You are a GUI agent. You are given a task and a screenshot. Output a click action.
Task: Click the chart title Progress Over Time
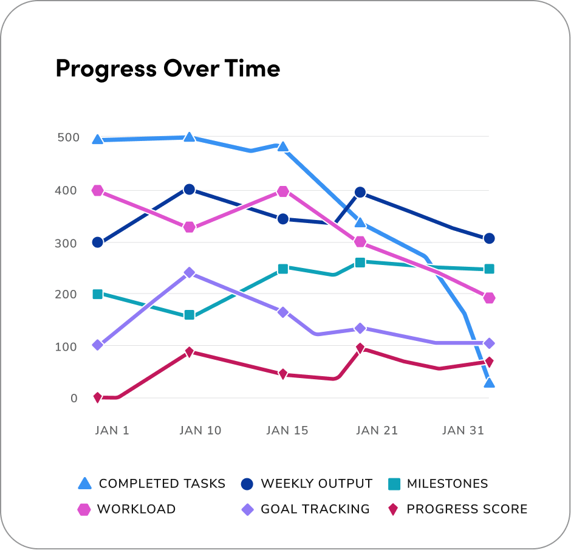pyautogui.click(x=168, y=69)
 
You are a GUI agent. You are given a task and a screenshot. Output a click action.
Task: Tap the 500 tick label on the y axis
pyautogui.click(x=68, y=137)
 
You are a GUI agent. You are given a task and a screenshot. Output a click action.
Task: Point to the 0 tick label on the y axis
pyautogui.click(x=74, y=399)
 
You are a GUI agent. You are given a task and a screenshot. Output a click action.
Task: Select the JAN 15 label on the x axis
pyautogui.click(x=287, y=430)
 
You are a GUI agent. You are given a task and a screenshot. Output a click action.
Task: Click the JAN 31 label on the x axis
pyautogui.click(x=463, y=430)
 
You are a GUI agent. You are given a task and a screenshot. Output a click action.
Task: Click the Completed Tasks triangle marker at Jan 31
pyautogui.click(x=489, y=383)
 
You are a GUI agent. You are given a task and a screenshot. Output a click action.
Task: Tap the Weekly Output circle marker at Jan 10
pyautogui.click(x=190, y=190)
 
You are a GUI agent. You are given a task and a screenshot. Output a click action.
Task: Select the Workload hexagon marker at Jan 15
pyautogui.click(x=282, y=192)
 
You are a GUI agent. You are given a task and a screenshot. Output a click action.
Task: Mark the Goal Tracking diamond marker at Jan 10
pyautogui.click(x=190, y=272)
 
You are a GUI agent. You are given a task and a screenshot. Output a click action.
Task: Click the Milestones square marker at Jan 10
pyautogui.click(x=190, y=315)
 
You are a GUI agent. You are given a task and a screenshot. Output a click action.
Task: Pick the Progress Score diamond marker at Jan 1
pyautogui.click(x=97, y=397)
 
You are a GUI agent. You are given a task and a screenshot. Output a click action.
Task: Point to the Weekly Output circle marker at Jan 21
pyautogui.click(x=360, y=192)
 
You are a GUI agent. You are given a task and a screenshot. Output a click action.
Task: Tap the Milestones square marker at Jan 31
pyautogui.click(x=489, y=269)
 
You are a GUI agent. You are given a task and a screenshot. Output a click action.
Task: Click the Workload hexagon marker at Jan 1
pyautogui.click(x=97, y=191)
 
